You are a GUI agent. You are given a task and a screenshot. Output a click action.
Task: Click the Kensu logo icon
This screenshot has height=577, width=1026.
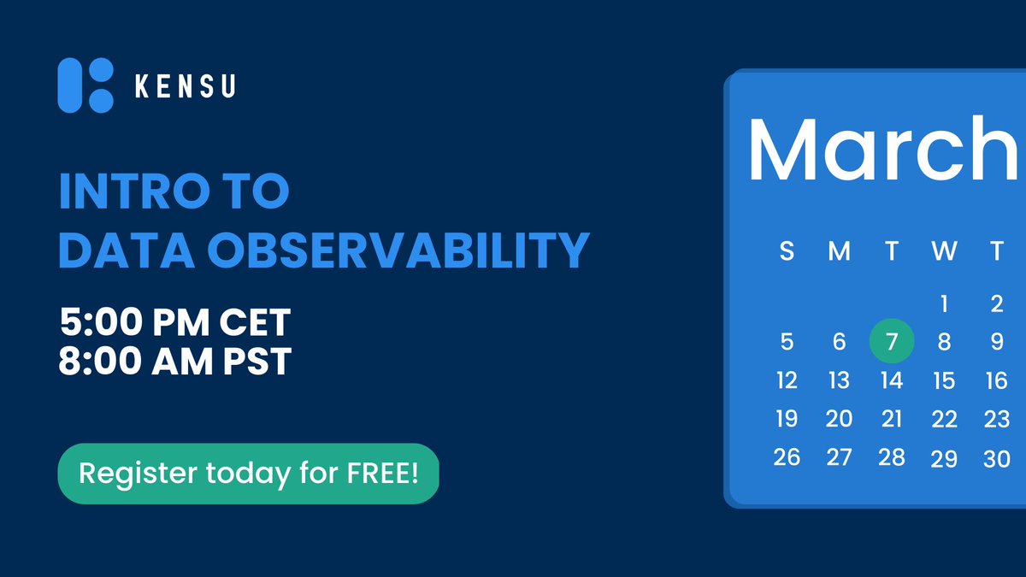(x=85, y=85)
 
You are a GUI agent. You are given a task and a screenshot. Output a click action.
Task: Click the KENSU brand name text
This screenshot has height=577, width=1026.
(x=185, y=86)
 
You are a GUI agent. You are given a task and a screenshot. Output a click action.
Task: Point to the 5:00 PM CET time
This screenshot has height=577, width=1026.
(x=175, y=323)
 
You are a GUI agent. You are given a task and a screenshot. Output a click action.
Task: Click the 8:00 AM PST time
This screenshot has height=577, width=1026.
(x=175, y=362)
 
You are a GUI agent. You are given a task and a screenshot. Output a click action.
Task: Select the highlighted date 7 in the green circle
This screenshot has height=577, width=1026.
(x=892, y=342)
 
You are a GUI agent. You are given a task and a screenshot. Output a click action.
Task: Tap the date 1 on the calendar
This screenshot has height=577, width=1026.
(x=944, y=303)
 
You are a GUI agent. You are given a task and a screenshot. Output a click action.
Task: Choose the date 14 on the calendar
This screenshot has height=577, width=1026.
(x=892, y=380)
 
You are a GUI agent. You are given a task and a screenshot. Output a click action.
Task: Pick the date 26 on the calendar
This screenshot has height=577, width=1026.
(x=787, y=457)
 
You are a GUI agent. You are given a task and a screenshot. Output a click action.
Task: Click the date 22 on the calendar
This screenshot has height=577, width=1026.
(x=944, y=420)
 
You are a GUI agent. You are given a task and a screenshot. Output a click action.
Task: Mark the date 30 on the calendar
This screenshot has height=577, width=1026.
(x=996, y=459)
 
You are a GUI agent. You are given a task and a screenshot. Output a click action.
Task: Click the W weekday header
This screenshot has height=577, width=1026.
(x=944, y=251)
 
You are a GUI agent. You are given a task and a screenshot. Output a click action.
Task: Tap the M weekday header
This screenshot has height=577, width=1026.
(x=839, y=251)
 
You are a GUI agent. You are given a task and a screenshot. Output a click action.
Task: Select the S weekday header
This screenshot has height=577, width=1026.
(x=787, y=251)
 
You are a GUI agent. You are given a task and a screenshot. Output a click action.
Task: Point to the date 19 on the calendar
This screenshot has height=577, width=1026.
(x=787, y=419)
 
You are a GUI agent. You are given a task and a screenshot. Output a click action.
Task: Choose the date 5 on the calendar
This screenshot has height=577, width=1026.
(x=787, y=342)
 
